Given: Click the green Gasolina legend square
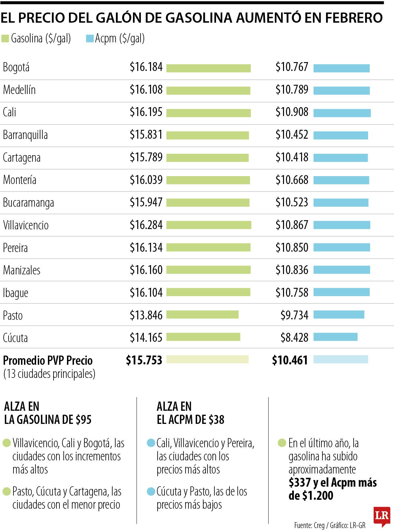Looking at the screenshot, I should (5, 39).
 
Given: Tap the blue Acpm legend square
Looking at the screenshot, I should (90, 39).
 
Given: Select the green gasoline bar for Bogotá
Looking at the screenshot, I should (208, 68).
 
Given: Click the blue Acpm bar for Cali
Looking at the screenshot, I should (342, 113).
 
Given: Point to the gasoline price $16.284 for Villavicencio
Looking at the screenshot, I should (146, 225).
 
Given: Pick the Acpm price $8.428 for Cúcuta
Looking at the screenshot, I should (294, 337).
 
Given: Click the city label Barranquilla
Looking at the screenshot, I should (25, 135).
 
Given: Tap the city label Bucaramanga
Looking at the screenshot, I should (28, 203).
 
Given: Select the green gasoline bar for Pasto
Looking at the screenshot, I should (202, 315).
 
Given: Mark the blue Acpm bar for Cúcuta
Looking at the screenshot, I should (335, 337).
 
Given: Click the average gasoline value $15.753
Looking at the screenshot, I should (144, 360).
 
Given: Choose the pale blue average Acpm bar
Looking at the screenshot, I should (340, 359).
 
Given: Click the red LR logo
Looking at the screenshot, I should (382, 516).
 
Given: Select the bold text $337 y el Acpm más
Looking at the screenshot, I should (333, 483).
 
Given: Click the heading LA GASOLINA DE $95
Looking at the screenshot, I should (48, 420).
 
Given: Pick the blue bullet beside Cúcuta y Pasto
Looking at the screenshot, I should (151, 492).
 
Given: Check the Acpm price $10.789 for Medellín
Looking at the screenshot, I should (292, 90).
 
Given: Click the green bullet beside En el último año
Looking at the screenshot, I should (282, 443).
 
